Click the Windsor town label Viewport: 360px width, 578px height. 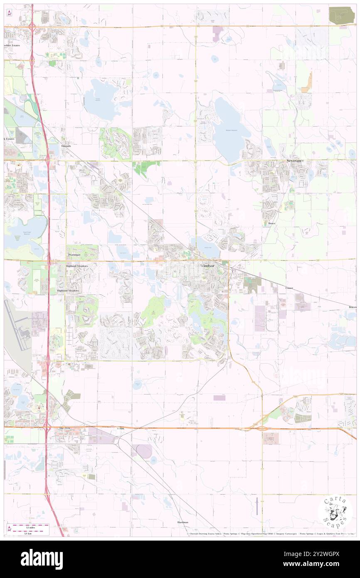209,265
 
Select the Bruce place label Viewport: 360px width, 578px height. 271,223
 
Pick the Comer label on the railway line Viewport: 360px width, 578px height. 289,288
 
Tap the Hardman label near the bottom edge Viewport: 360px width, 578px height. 182,522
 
